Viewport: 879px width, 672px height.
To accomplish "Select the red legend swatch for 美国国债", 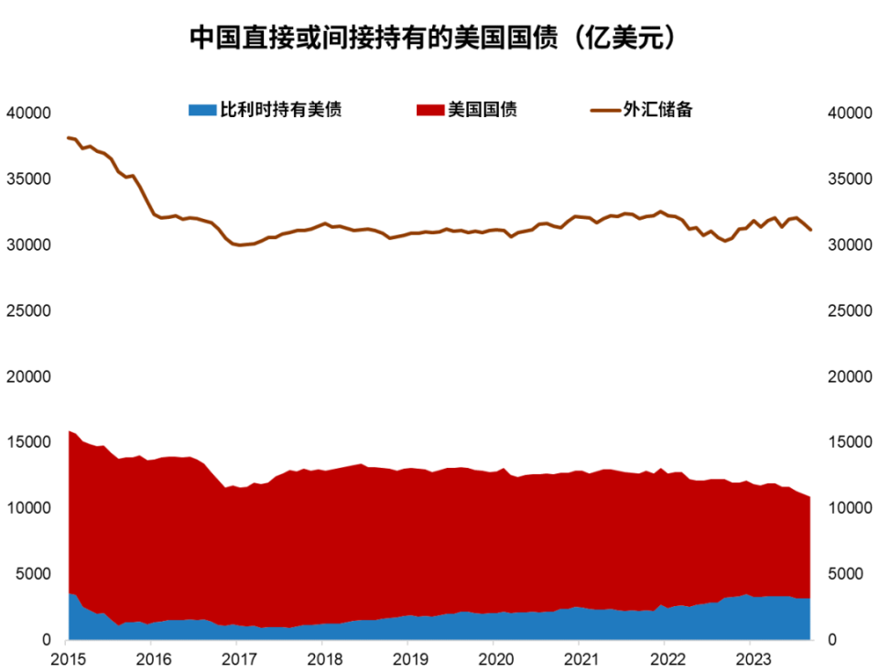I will coord(429,110).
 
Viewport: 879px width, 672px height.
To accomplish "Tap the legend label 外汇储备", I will coord(657,110).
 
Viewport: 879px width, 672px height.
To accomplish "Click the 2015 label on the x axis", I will coord(67,659).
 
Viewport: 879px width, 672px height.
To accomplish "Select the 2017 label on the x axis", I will coord(238,659).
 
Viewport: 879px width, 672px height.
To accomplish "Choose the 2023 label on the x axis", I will coord(752,659).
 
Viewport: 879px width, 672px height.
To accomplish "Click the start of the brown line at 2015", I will coord(69,137).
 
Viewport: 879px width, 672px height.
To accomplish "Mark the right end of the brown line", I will coord(810,230).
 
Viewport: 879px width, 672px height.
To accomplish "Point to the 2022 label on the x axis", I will coord(666,659).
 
